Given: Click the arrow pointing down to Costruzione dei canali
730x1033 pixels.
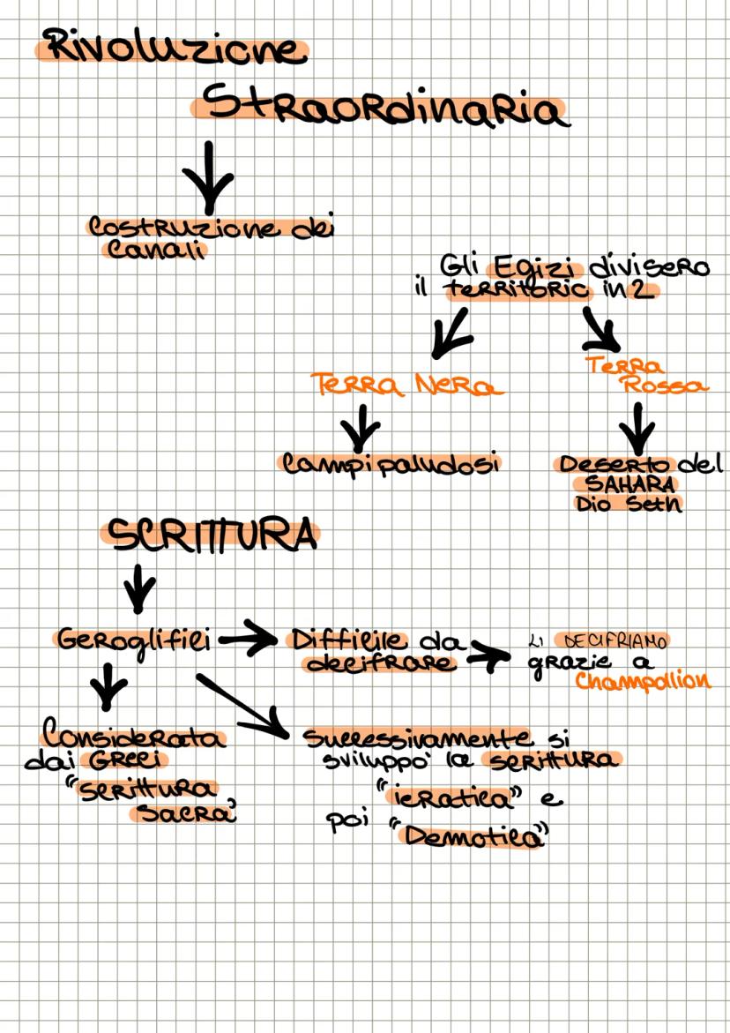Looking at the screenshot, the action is [x=208, y=176].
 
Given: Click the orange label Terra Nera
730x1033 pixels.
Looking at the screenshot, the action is [x=406, y=385].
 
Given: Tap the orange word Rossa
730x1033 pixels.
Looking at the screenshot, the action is [x=666, y=386].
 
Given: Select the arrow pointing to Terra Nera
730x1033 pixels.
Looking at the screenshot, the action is [x=451, y=333].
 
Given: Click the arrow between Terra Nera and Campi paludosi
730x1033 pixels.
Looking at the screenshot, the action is [x=360, y=428].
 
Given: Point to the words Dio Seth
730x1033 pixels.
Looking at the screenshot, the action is [x=628, y=504].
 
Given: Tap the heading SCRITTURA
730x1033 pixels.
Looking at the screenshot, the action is [x=212, y=535].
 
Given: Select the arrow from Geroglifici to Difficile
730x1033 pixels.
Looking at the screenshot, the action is [x=248, y=638].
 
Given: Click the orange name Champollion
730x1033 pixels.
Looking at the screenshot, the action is [x=643, y=680].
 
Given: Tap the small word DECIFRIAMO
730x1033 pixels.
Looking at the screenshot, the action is [x=615, y=640].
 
